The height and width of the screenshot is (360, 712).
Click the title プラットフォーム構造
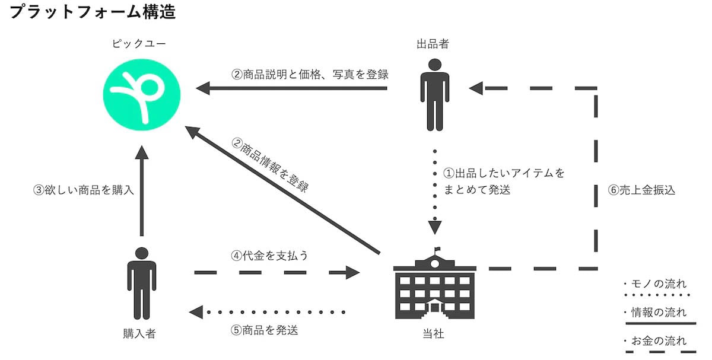[93, 13]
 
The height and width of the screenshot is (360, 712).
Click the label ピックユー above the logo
[140, 44]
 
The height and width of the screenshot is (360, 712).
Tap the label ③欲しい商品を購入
[84, 191]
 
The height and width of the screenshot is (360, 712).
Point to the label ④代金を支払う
[269, 256]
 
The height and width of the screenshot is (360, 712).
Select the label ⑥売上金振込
[641, 191]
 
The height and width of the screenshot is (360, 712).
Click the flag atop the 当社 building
[438, 250]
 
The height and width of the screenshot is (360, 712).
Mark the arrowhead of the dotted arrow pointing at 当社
[435, 227]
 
